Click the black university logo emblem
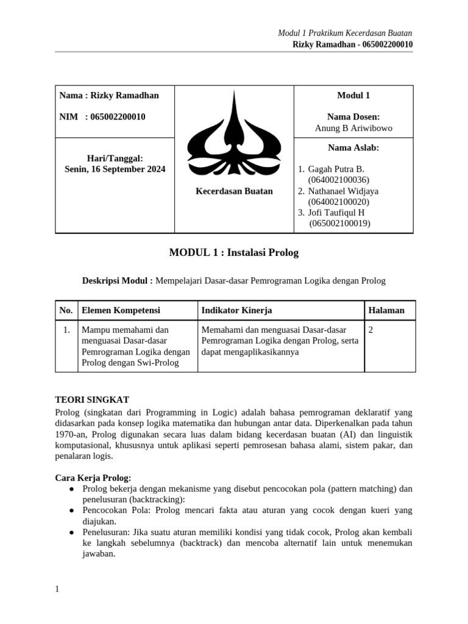point(234,133)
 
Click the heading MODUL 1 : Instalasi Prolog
point(234,252)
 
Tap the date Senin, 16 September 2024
point(115,169)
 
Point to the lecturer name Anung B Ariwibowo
point(353,128)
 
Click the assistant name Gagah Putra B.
point(336,169)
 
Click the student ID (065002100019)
point(339,224)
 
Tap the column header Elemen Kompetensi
point(121,310)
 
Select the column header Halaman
point(386,310)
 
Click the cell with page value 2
point(371,330)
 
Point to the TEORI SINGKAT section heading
point(92,400)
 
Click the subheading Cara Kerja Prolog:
point(93,477)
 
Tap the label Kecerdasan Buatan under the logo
point(234,191)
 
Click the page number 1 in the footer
point(57,589)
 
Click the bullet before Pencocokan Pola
point(73,510)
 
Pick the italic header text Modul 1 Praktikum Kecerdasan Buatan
point(345,33)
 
